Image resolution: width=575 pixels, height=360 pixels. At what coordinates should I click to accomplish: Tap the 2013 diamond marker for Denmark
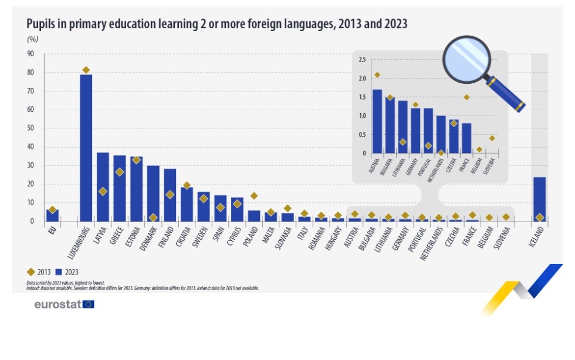tap(153, 218)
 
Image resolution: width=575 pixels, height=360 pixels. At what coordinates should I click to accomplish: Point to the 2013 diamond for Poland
tap(254, 196)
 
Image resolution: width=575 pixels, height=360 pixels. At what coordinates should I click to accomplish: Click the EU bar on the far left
tap(52, 215)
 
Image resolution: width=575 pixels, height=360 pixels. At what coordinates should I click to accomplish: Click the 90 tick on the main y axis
tap(31, 55)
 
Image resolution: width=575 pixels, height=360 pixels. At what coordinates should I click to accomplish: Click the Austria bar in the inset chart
tap(377, 121)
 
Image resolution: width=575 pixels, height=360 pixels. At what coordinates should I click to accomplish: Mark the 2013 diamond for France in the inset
tap(466, 97)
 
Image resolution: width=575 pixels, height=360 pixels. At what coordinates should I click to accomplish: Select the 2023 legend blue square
tap(59, 272)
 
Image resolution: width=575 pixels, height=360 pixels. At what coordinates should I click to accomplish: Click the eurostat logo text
tap(58, 304)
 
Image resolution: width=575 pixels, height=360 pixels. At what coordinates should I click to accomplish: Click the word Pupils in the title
tap(42, 24)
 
